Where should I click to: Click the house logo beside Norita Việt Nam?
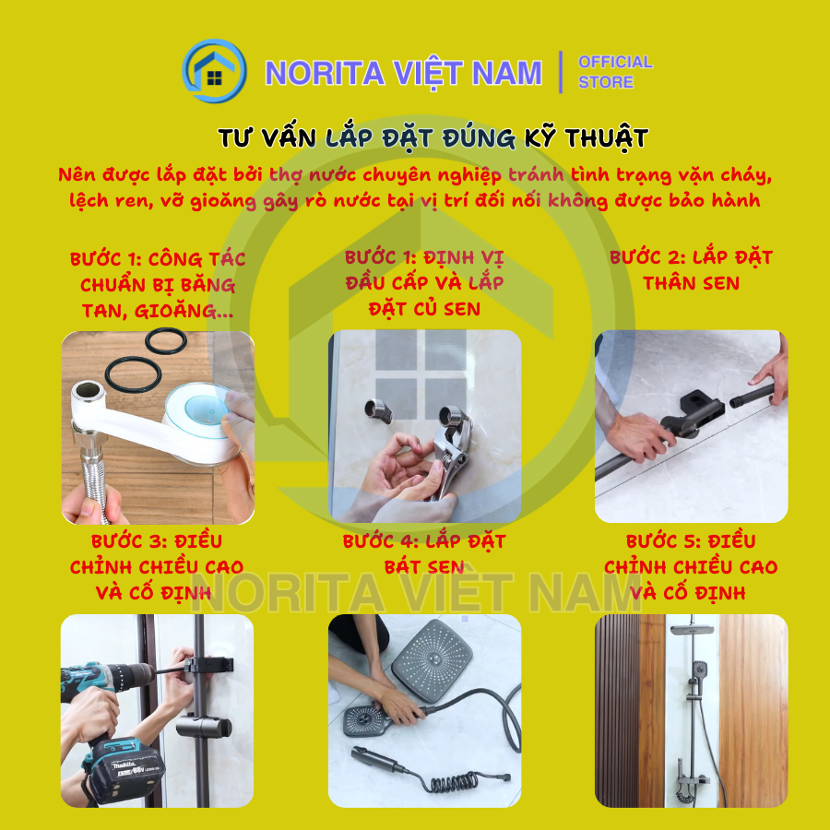point(214,71)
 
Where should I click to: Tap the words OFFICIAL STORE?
point(615,72)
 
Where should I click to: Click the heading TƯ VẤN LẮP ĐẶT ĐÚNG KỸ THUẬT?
point(433,138)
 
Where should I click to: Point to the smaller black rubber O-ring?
point(166,341)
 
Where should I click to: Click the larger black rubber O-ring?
point(133,373)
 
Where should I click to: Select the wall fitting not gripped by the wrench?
point(378,411)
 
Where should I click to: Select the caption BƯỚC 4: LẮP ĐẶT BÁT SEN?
point(424,554)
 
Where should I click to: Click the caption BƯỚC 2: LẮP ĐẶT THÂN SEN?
point(691,270)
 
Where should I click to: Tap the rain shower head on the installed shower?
point(692,629)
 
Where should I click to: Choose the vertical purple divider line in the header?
point(561,72)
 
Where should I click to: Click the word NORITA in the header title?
point(325,73)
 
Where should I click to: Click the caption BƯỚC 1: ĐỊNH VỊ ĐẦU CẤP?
point(424,270)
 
